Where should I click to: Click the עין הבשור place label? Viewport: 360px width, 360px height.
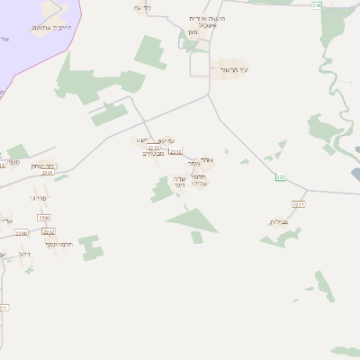pos(233,69)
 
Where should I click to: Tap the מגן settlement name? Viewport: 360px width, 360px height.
pos(191,33)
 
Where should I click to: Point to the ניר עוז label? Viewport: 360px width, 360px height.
pos(142,7)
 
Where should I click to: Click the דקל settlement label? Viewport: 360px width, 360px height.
pos(24,255)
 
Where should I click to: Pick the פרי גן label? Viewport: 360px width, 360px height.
pos(38,198)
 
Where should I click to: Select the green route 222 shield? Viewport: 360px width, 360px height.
pos(280,176)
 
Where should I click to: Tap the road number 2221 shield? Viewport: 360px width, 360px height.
pos(300,204)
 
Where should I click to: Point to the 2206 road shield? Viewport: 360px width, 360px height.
pos(44,218)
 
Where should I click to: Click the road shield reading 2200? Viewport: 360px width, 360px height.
pos(21,233)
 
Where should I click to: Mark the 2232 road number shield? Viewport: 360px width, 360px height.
pos(49,231)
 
